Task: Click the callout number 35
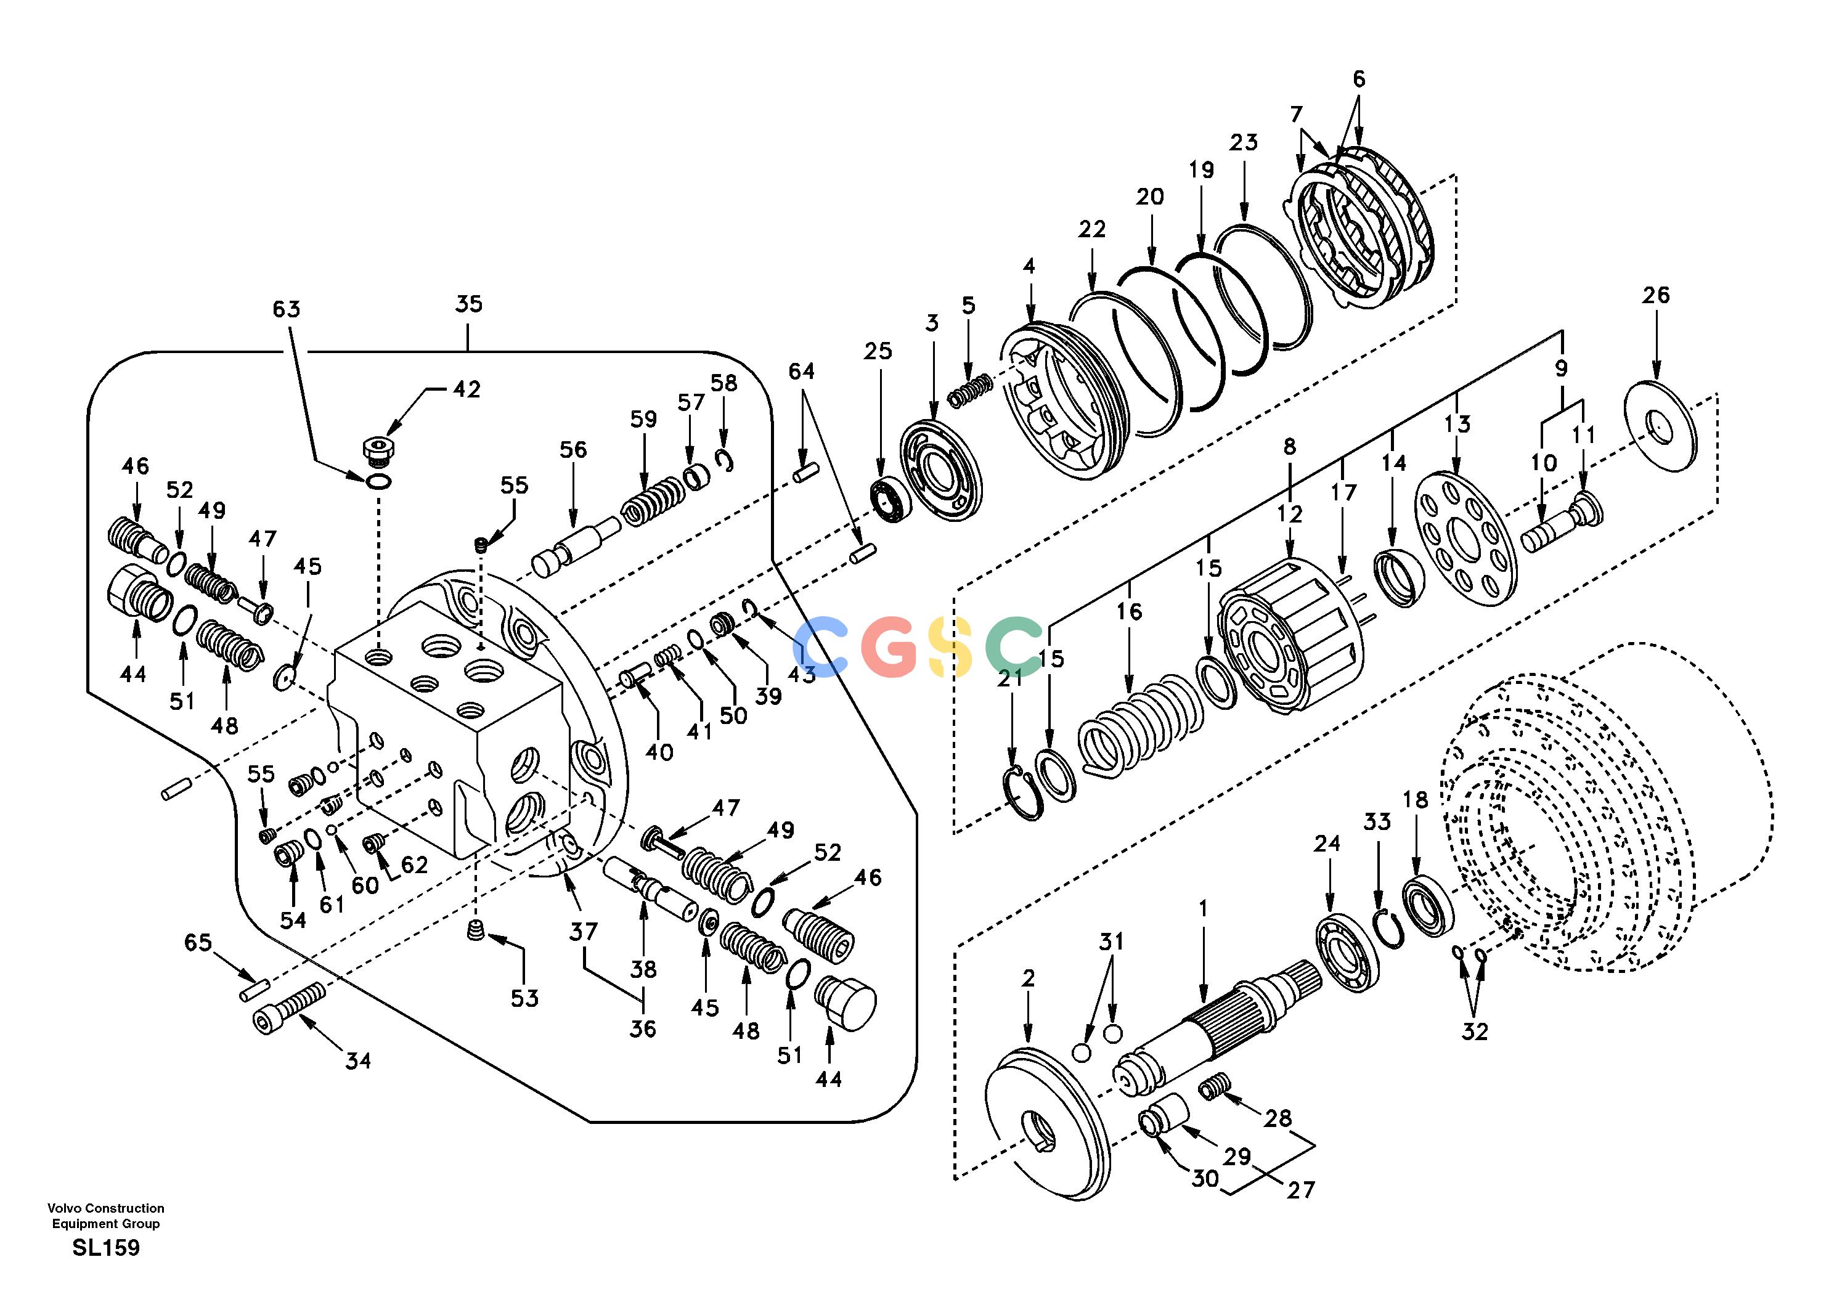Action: point(469,304)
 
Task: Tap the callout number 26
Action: point(1656,296)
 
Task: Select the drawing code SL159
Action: point(105,1248)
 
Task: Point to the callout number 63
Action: point(286,309)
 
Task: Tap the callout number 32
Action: point(1475,1032)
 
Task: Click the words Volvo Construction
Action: point(105,1208)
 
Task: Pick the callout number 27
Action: point(1300,1190)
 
